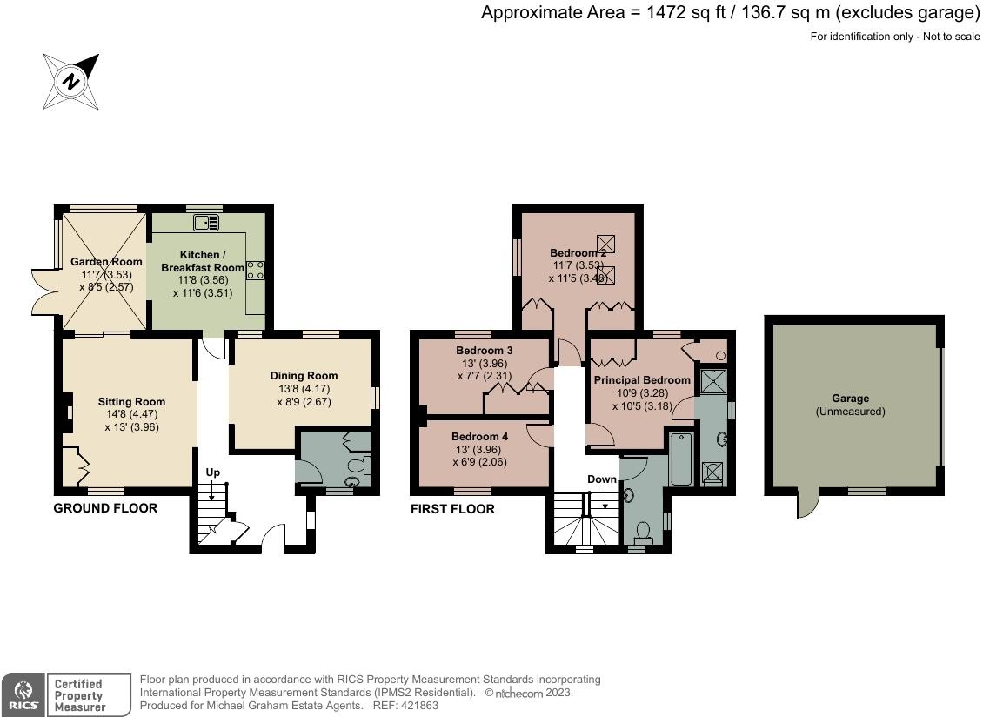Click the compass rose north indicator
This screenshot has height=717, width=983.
(x=70, y=82)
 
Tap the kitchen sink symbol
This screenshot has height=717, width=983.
(x=206, y=222)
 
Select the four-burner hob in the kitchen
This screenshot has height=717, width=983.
(x=255, y=271)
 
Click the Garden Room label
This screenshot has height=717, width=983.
(x=106, y=262)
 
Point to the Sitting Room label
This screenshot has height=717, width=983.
(x=131, y=402)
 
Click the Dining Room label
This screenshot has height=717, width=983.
(x=304, y=376)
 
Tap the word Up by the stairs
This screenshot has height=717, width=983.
(x=213, y=472)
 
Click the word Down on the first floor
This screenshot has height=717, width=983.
(x=602, y=479)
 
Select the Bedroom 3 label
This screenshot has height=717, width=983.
(x=485, y=351)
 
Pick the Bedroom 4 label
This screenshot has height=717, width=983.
(x=480, y=437)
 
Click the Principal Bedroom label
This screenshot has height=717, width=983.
(x=642, y=380)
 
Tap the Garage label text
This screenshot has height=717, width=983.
(x=851, y=399)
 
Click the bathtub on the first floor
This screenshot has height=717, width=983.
(x=681, y=459)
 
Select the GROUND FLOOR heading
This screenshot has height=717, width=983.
(x=105, y=508)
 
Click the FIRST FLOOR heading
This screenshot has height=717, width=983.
(x=452, y=509)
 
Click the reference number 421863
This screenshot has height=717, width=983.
(x=418, y=705)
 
